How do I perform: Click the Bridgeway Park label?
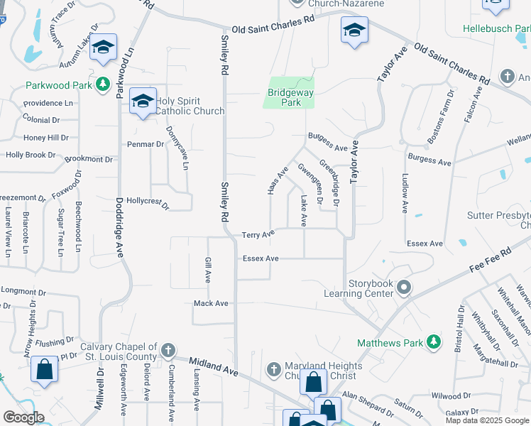(x=290, y=97)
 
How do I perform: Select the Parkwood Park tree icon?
(x=104, y=85)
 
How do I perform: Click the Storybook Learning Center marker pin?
(x=404, y=288)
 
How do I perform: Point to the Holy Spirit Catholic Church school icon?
(x=143, y=102)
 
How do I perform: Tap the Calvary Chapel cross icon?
(x=168, y=350)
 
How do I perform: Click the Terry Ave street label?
(x=258, y=235)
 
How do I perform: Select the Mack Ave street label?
(x=212, y=303)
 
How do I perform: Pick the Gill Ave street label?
(x=208, y=270)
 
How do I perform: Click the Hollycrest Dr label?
(x=148, y=204)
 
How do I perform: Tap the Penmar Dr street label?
(x=145, y=144)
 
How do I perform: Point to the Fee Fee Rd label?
(x=490, y=261)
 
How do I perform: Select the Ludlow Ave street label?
(x=405, y=193)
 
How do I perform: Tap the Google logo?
(x=23, y=417)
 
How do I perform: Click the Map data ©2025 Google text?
(x=488, y=420)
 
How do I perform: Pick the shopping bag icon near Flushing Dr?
(x=44, y=370)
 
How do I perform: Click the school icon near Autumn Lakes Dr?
(x=104, y=48)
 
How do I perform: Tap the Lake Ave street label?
(x=304, y=211)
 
